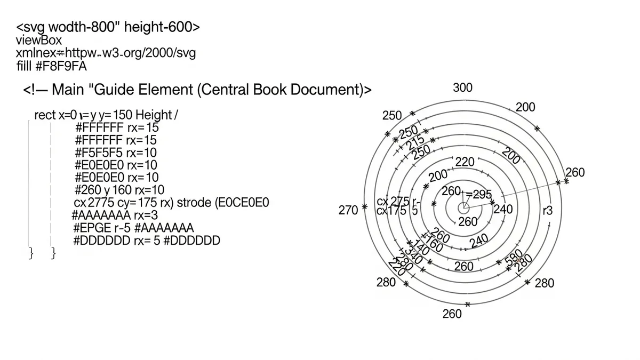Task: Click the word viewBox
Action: [39, 40]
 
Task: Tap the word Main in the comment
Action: [68, 89]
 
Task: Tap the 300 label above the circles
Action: [462, 88]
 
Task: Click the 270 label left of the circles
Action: [348, 210]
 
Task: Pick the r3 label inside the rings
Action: [547, 211]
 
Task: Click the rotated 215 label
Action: [415, 142]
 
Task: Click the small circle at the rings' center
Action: [464, 206]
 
